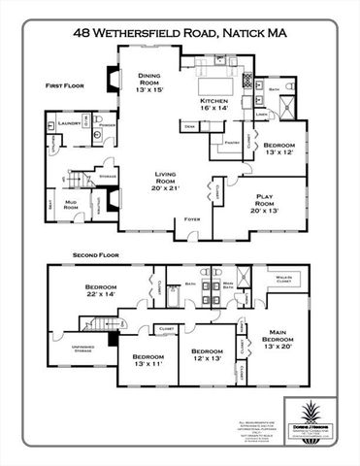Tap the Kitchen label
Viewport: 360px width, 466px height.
pyautogui.click(x=213, y=104)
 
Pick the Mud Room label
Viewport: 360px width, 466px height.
pyautogui.click(x=71, y=204)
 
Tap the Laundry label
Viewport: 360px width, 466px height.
pyautogui.click(x=68, y=124)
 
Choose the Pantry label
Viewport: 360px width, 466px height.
pyautogui.click(x=231, y=143)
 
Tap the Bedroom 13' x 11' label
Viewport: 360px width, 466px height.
pyautogui.click(x=149, y=360)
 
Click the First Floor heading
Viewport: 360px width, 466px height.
pyautogui.click(x=65, y=86)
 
